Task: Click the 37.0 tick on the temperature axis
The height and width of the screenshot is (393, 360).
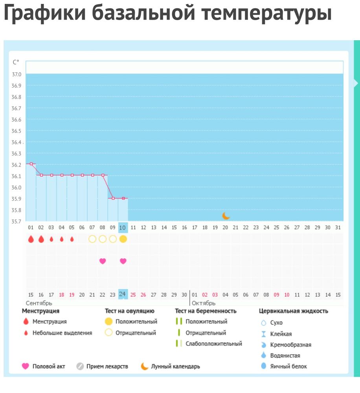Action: click(17, 74)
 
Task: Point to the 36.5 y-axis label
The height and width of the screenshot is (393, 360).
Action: click(17, 131)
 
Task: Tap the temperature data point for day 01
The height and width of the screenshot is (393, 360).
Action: click(31, 163)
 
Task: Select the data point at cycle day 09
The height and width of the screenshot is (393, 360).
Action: click(113, 198)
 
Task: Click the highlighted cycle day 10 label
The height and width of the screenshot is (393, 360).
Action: click(123, 228)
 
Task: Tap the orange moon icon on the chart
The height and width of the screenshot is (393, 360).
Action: click(226, 215)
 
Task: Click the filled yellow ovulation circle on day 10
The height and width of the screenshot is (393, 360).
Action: click(123, 239)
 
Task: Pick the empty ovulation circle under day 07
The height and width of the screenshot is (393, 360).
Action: click(92, 239)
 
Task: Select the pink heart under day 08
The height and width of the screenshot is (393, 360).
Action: click(103, 261)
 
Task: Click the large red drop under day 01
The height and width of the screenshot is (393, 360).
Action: click(31, 239)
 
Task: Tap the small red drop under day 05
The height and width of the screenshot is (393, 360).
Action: click(72, 239)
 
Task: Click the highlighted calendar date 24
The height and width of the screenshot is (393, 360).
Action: click(123, 294)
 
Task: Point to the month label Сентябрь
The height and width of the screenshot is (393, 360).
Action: click(39, 303)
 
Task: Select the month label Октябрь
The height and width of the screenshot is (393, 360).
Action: click(203, 303)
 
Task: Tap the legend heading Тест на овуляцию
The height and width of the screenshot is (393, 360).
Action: click(129, 311)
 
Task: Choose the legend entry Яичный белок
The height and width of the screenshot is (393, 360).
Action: click(288, 366)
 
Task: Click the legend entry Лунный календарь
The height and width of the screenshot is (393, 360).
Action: click(175, 366)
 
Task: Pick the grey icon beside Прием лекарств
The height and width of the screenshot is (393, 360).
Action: click(80, 366)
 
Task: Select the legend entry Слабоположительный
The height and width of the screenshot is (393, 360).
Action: click(214, 343)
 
